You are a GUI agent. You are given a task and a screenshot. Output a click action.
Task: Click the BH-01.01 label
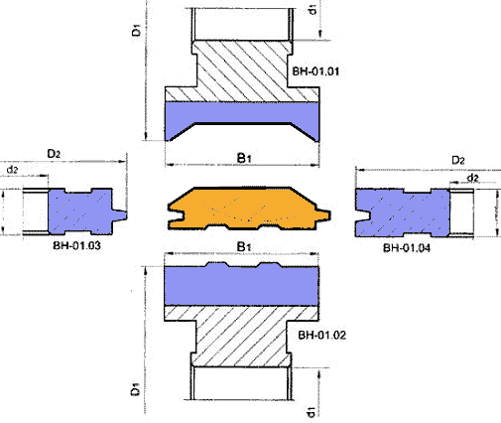click(315, 71)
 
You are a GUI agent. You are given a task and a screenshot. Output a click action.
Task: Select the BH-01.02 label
click(321, 335)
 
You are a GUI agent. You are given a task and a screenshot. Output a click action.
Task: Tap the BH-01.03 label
click(76, 245)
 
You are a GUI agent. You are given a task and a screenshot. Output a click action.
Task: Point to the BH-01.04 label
click(407, 248)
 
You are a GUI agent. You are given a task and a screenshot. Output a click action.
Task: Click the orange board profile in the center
click(249, 209)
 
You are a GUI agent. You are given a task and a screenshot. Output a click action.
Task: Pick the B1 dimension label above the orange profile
click(244, 158)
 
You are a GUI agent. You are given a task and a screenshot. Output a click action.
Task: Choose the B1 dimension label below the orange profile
click(244, 246)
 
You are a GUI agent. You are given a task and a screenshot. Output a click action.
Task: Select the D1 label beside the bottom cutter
click(135, 389)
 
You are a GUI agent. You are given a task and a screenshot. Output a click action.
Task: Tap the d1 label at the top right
click(313, 10)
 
